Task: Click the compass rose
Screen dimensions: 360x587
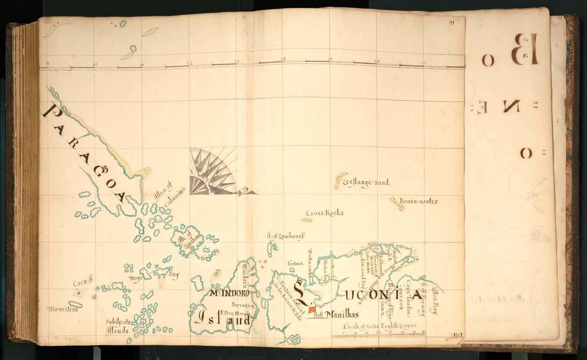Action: [x=212, y=171]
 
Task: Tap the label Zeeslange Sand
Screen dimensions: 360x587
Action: [x=366, y=182]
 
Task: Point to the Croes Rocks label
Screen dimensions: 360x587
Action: [x=325, y=213]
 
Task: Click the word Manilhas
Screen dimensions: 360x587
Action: [x=342, y=314]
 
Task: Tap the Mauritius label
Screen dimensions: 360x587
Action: [x=63, y=309]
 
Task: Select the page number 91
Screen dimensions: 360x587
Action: [x=451, y=23]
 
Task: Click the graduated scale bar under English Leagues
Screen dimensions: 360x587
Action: [x=378, y=335]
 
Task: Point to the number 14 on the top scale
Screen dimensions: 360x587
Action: [x=283, y=59]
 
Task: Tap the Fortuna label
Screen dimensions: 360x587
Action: [x=296, y=263]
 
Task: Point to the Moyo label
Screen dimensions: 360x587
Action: [x=134, y=278]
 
